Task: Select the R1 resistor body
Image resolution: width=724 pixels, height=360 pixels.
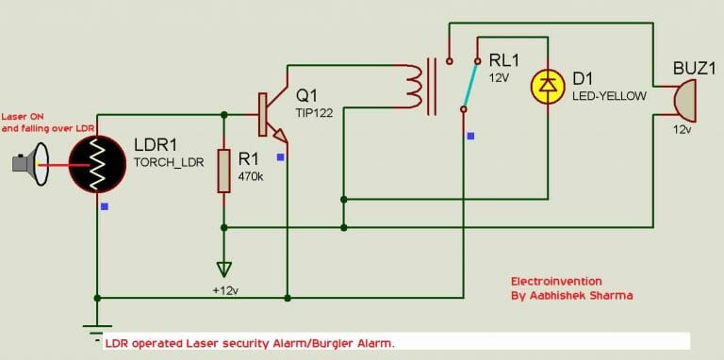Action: [x=223, y=170]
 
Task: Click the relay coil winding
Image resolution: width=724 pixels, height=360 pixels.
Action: [x=414, y=86]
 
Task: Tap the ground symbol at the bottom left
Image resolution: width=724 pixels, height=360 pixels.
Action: [x=95, y=329]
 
